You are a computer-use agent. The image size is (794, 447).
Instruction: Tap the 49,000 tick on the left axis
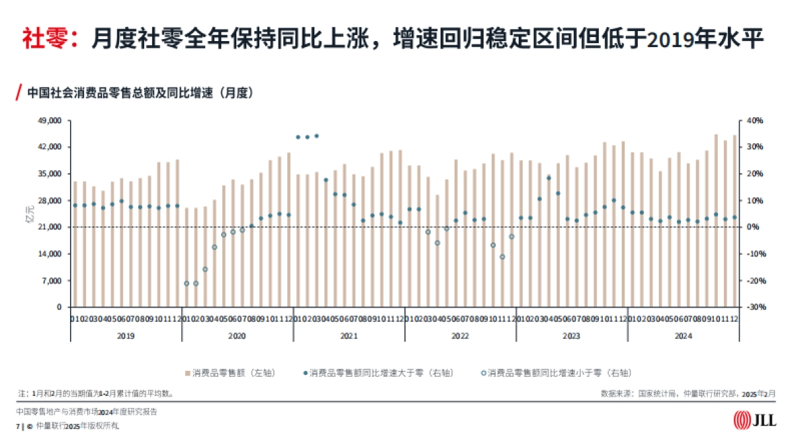point(50,121)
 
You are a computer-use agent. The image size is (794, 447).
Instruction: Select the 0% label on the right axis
point(753,227)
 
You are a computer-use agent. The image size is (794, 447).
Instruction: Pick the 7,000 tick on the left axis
point(52,281)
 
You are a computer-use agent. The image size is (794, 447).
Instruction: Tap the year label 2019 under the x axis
point(126,336)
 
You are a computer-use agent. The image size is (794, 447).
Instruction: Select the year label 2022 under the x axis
point(461,336)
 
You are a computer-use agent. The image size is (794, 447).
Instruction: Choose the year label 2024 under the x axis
point(683,336)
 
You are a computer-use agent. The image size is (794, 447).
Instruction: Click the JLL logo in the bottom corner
point(755,420)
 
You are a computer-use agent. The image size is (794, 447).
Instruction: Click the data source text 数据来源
point(688,393)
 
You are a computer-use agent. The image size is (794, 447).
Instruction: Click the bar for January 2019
point(75,244)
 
